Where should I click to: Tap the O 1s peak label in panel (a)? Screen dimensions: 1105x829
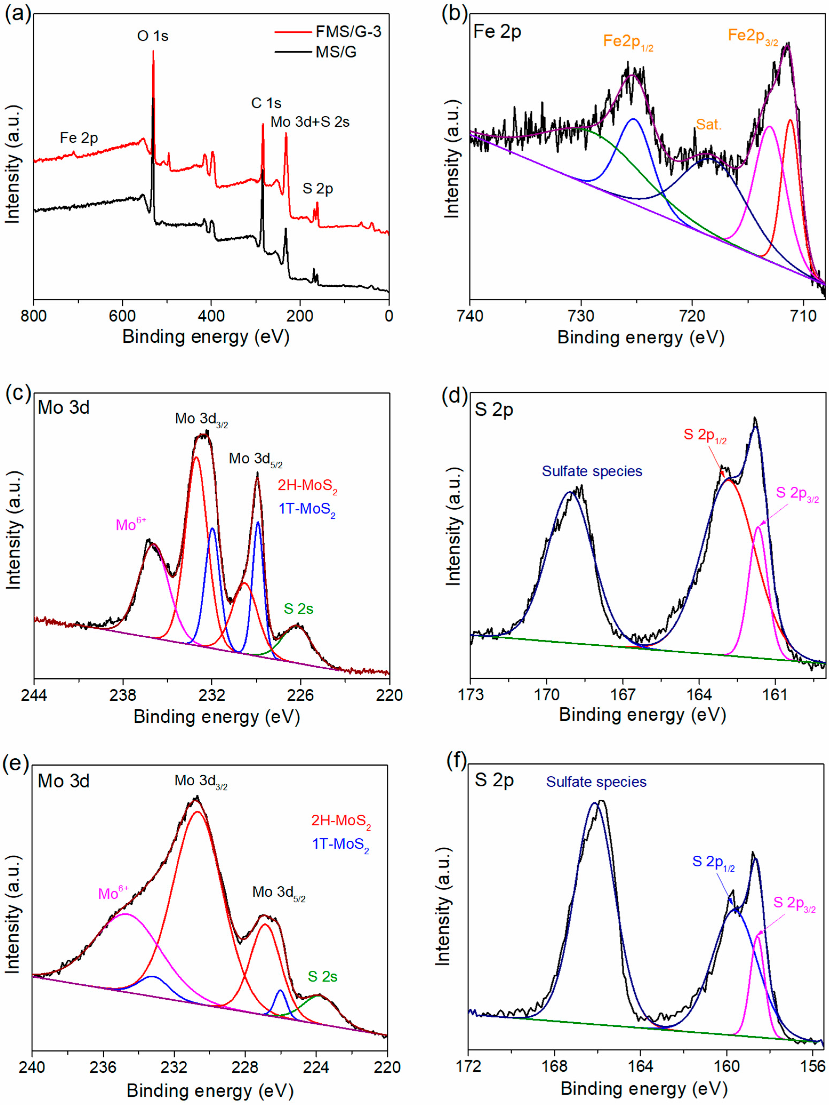[153, 36]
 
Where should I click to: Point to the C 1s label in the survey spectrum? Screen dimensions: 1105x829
[266, 103]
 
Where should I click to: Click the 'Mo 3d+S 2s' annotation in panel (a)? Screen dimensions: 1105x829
[310, 121]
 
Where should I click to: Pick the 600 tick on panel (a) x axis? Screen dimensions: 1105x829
[122, 316]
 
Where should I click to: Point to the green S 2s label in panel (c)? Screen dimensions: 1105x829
[299, 608]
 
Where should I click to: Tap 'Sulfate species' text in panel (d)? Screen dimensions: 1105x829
[592, 471]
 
